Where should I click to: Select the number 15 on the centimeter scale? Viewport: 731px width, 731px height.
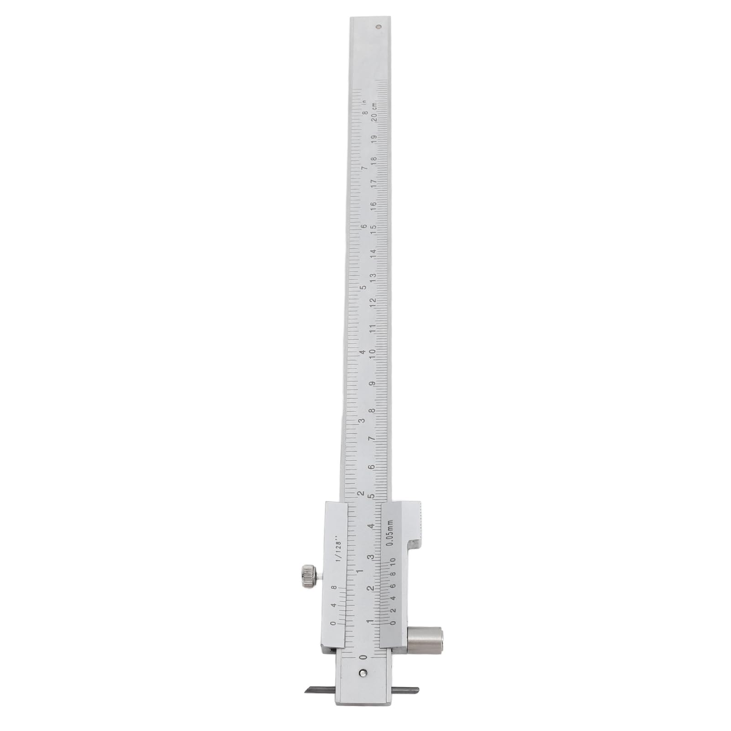pyautogui.click(x=373, y=229)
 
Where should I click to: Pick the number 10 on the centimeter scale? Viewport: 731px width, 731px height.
pyautogui.click(x=373, y=354)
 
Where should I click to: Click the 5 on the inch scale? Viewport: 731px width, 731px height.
pyautogui.click(x=363, y=288)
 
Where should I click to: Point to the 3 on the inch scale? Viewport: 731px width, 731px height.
pyautogui.click(x=362, y=421)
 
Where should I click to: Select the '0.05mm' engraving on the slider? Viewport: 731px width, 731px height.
pyautogui.click(x=390, y=533)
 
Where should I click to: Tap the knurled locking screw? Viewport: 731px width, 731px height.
pyautogui.click(x=309, y=576)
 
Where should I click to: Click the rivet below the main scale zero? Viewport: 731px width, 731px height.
pyautogui.click(x=363, y=672)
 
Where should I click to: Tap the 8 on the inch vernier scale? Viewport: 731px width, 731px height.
pyautogui.click(x=334, y=589)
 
